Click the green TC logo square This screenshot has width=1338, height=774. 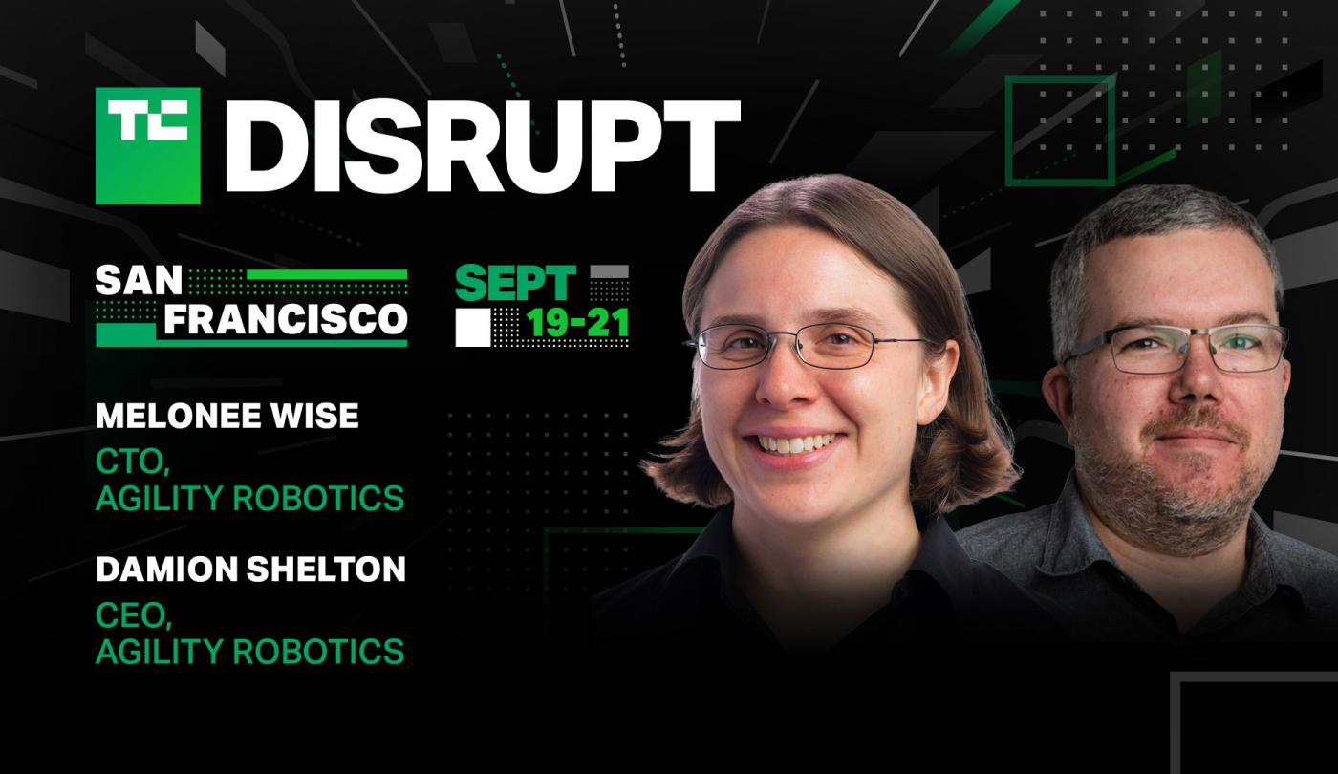[x=148, y=145]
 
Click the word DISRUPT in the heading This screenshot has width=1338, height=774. [x=484, y=145]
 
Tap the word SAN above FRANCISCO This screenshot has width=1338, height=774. [x=139, y=280]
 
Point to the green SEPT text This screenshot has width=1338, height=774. [x=515, y=283]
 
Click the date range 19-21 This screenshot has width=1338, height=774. [x=577, y=324]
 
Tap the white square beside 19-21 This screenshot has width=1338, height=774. [x=473, y=327]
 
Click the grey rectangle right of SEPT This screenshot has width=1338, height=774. [x=610, y=271]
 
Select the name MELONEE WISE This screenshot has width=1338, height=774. [x=227, y=416]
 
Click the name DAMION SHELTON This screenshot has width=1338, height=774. [x=250, y=570]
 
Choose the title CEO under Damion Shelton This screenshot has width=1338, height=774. [x=134, y=615]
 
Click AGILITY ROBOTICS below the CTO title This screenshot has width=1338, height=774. [x=250, y=498]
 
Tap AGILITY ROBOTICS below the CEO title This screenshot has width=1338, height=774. [x=250, y=651]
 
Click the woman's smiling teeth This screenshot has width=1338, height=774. [x=795, y=443]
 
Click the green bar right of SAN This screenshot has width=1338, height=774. [x=327, y=275]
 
